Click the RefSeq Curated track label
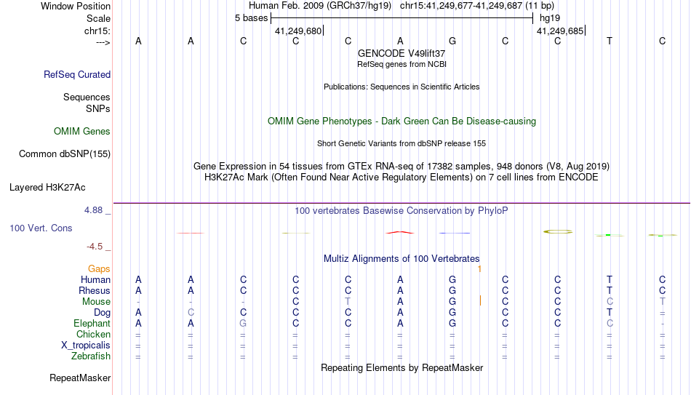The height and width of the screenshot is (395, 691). click(x=77, y=74)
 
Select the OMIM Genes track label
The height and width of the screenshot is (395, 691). click(x=82, y=132)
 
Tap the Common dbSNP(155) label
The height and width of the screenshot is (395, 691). click(x=65, y=154)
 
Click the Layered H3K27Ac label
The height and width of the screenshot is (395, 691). click(x=47, y=188)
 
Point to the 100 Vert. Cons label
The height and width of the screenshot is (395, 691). click(x=41, y=228)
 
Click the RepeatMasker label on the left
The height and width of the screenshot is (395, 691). click(x=80, y=378)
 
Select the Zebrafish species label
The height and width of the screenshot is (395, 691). click(x=91, y=356)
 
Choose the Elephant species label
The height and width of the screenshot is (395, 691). click(x=92, y=323)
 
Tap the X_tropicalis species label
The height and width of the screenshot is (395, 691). click(x=86, y=346)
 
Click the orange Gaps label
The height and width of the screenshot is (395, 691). click(x=99, y=268)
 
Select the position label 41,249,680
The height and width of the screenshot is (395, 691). click(x=298, y=31)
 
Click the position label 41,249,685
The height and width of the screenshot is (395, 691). click(x=560, y=31)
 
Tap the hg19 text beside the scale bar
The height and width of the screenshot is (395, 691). click(x=550, y=18)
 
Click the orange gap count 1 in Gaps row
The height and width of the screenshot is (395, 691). click(x=479, y=268)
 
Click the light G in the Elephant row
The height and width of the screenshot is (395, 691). click(x=243, y=323)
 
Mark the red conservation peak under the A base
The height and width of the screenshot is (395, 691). click(x=400, y=232)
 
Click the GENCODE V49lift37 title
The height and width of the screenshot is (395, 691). click(x=402, y=53)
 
